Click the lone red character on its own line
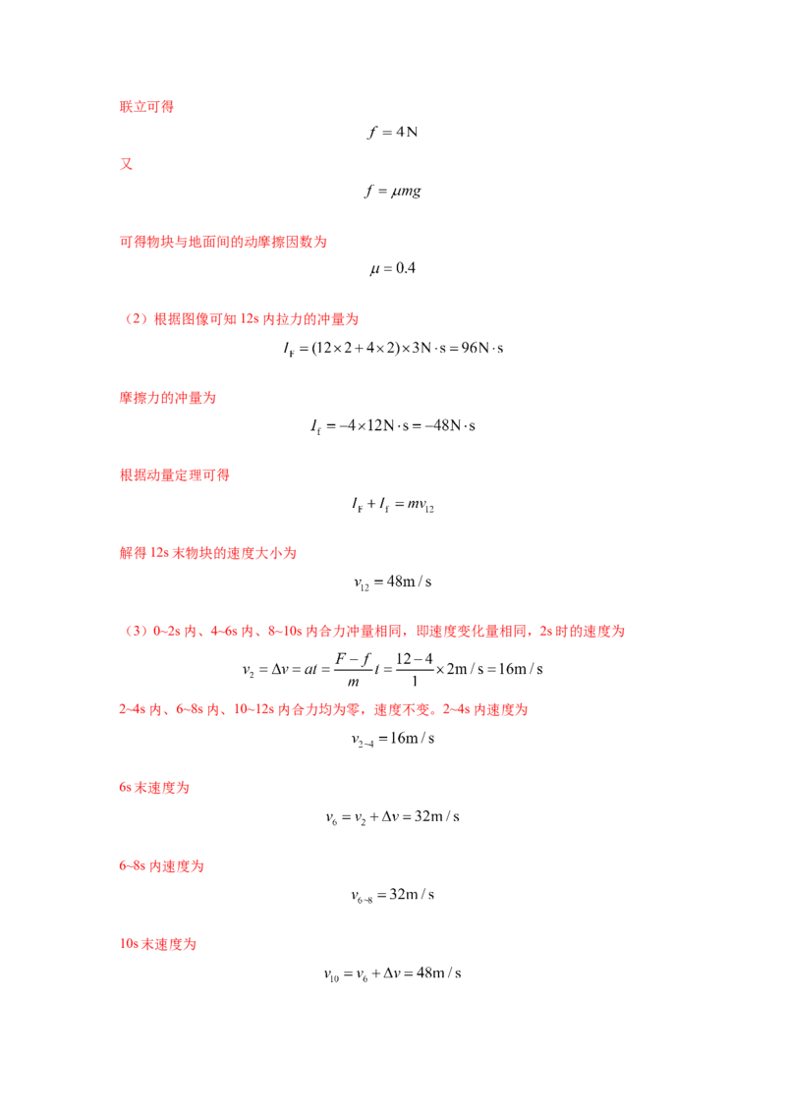pyautogui.click(x=125, y=165)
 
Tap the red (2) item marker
pyautogui.click(x=137, y=319)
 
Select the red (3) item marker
pyautogui.click(x=137, y=632)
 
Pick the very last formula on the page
pyautogui.click(x=393, y=975)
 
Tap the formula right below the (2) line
pyautogui.click(x=393, y=346)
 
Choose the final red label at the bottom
pyautogui.click(x=157, y=944)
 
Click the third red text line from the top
pyautogui.click(x=223, y=241)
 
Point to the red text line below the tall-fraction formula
pyautogui.click(x=324, y=708)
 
